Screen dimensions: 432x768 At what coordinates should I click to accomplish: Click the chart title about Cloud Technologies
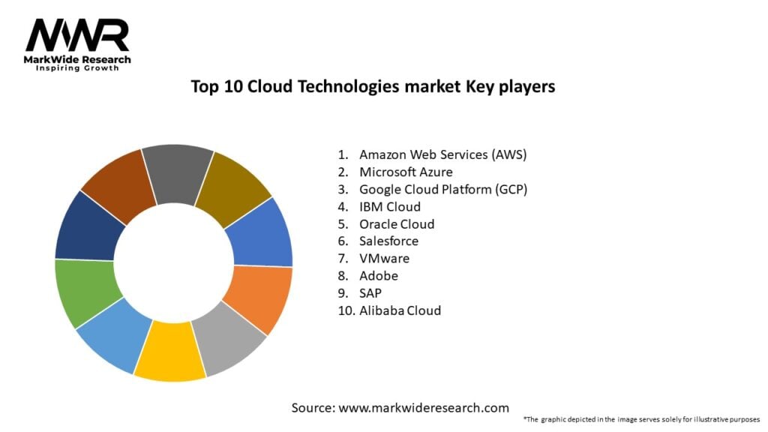pos(373,86)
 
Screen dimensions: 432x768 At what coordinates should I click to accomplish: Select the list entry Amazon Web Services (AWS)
pos(442,154)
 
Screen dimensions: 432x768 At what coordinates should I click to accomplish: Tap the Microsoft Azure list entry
pos(406,172)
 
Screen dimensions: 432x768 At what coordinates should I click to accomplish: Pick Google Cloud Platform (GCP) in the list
pos(443,189)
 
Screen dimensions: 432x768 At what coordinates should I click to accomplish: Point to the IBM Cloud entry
pos(390,206)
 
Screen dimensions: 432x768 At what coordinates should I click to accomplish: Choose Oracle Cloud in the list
pos(397,223)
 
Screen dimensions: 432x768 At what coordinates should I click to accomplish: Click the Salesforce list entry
pos(388,241)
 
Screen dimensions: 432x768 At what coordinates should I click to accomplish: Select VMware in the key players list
pos(385,258)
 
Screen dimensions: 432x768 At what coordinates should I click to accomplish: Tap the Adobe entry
pos(379,275)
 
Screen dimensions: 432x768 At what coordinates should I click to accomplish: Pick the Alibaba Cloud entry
pos(400,310)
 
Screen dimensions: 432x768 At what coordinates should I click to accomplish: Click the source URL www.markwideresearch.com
pos(422,409)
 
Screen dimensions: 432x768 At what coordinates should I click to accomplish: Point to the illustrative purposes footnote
pos(641,418)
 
